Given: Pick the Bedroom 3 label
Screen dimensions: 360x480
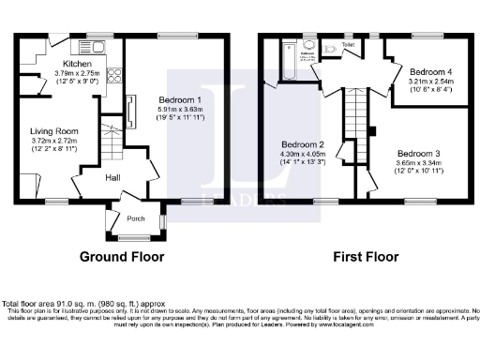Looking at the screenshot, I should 415,153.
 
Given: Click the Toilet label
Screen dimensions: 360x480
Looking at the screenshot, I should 349,44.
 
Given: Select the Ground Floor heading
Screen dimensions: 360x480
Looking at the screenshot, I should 121,256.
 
